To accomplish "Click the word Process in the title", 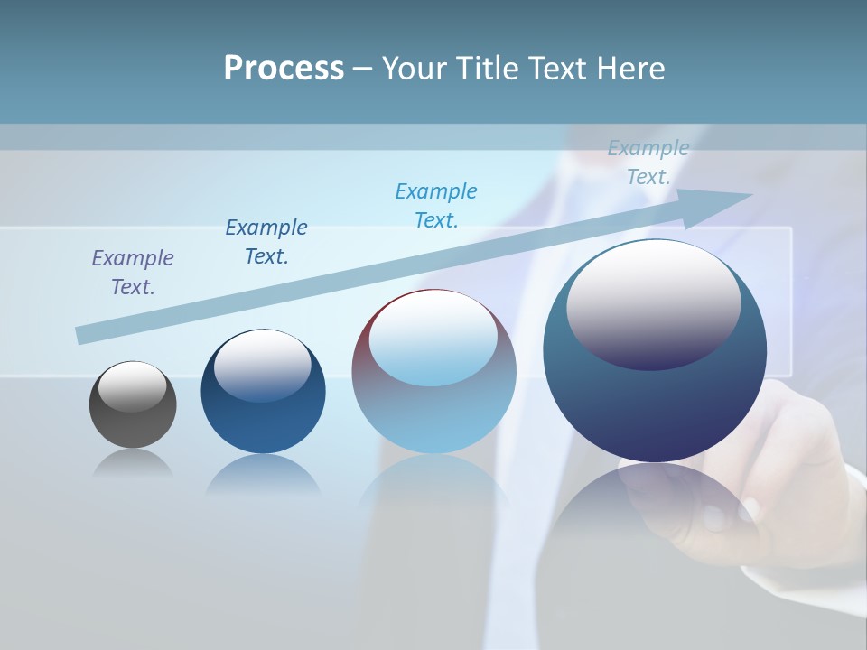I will click(x=284, y=69).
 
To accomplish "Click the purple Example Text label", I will click(x=133, y=272).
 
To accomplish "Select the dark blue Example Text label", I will click(x=266, y=241).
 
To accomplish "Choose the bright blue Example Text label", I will click(x=436, y=205).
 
